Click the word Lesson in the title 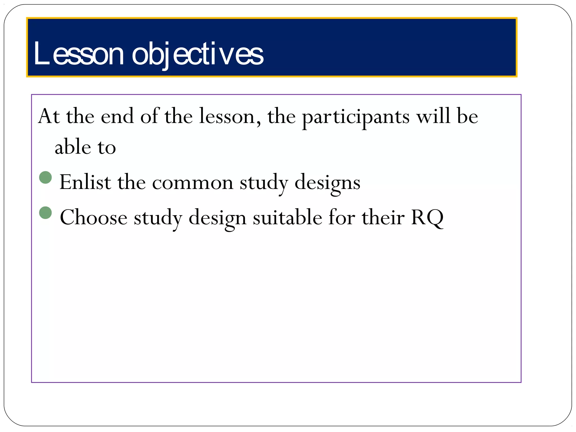(x=78, y=54)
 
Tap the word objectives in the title (x=197, y=54)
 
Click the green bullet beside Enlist (x=46, y=177)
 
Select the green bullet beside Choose (x=46, y=213)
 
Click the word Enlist (x=85, y=182)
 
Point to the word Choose (x=93, y=217)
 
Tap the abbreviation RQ (x=427, y=217)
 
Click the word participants (x=355, y=116)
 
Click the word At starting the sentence (x=49, y=116)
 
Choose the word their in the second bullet (x=383, y=217)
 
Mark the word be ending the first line (x=467, y=116)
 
